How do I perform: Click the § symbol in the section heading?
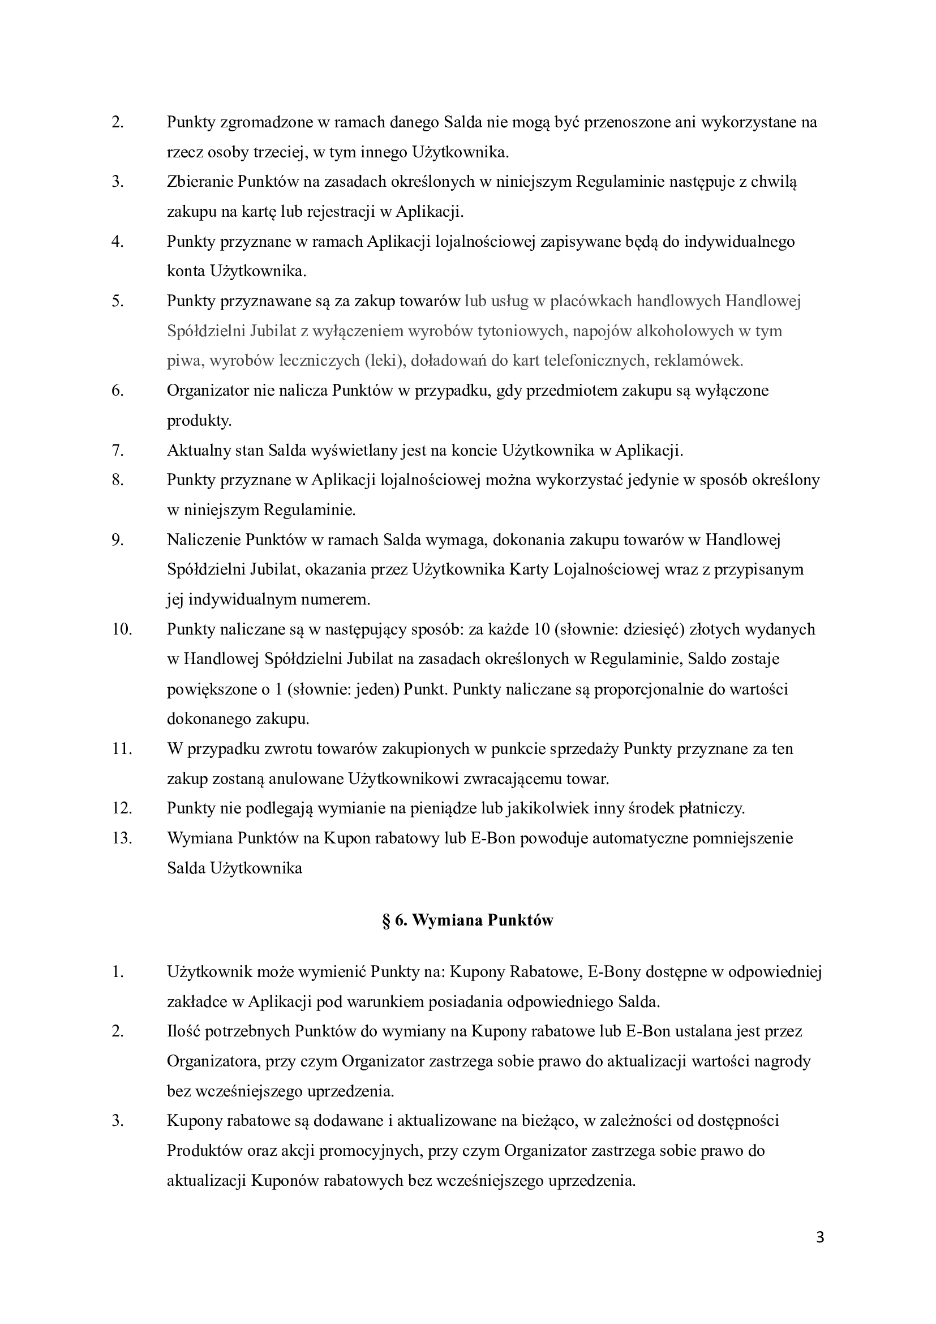click(x=386, y=920)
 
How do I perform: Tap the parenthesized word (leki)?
click(x=385, y=361)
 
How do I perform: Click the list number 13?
click(x=122, y=838)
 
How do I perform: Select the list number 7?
click(x=118, y=451)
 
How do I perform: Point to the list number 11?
click(x=122, y=749)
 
